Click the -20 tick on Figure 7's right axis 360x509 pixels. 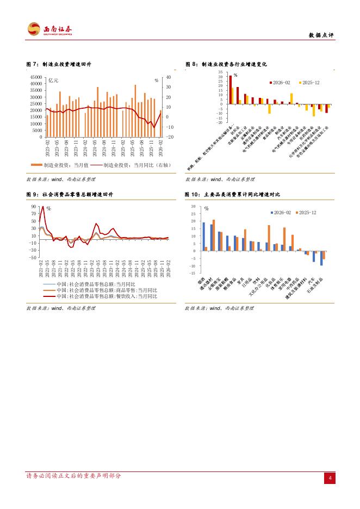pyautogui.click(x=169, y=137)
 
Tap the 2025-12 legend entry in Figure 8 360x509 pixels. pyautogui.click(x=307, y=82)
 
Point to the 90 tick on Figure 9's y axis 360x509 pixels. pyautogui.click(x=34, y=207)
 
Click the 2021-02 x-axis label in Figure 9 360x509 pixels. pyautogui.click(x=41, y=269)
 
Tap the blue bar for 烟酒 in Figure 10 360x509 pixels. pyautogui.click(x=204, y=237)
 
